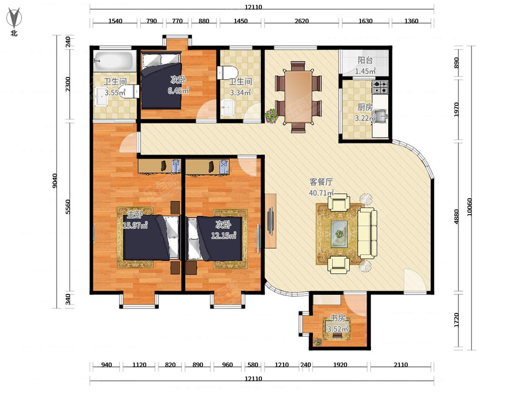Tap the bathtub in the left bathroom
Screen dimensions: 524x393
(x=114, y=61)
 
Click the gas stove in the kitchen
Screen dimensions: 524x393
(x=380, y=87)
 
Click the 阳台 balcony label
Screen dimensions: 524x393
(x=365, y=60)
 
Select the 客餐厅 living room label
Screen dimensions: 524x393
(x=321, y=182)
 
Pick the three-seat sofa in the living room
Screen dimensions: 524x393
(x=367, y=233)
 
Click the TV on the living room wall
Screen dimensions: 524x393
(x=271, y=221)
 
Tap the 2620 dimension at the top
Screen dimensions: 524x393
(x=301, y=21)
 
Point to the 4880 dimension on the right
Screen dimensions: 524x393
(x=456, y=217)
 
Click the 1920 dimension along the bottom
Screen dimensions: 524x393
(x=340, y=365)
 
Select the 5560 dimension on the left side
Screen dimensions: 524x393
(x=68, y=207)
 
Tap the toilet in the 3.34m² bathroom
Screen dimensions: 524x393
(x=228, y=72)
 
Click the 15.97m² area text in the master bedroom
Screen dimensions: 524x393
(x=135, y=225)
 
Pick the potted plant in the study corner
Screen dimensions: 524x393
(x=318, y=342)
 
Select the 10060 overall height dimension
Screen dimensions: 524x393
(x=469, y=207)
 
